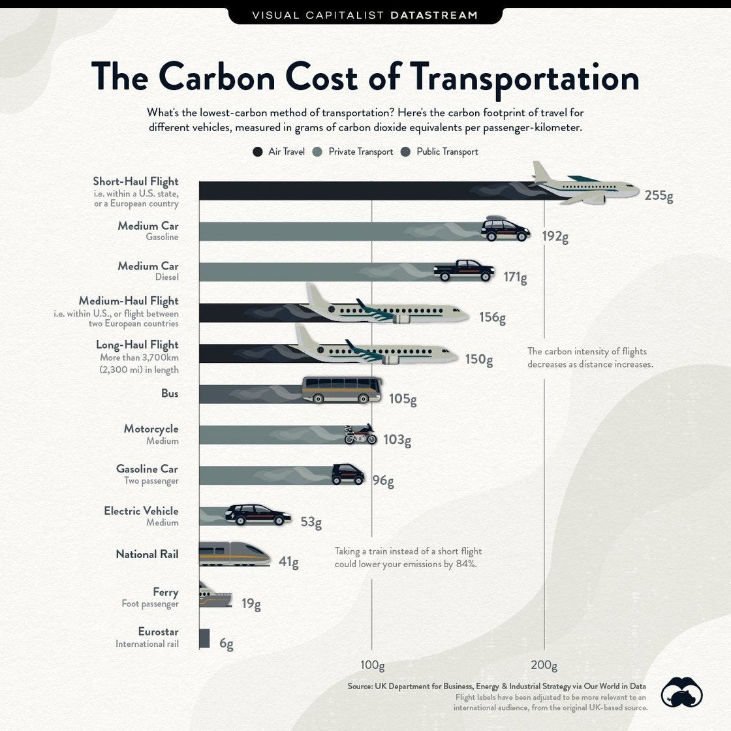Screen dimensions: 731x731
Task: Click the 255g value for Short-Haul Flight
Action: [659, 195]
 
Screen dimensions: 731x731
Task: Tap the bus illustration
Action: [341, 390]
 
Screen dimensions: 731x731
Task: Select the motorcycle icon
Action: [360, 434]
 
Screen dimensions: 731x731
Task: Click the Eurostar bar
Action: [204, 638]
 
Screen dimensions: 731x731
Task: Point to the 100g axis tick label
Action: [372, 666]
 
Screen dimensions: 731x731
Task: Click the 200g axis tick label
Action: [544, 666]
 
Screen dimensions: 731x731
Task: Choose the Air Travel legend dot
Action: [258, 152]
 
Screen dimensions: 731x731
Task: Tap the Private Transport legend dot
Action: [318, 152]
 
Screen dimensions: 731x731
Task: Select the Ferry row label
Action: [165, 592]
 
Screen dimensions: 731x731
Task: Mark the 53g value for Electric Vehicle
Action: [311, 522]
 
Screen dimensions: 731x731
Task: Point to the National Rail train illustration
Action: [233, 553]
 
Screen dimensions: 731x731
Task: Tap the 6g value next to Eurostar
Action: [226, 644]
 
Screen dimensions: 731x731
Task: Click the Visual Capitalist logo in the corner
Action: [681, 692]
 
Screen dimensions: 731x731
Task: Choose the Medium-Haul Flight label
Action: [128, 301]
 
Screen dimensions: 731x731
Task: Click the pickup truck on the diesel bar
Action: [464, 270]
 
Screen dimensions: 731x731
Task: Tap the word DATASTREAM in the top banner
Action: [433, 14]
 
